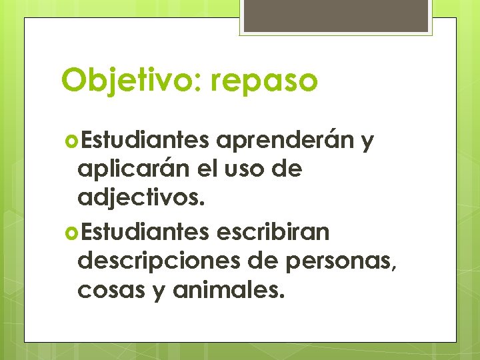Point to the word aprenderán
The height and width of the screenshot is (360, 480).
pos(285,141)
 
